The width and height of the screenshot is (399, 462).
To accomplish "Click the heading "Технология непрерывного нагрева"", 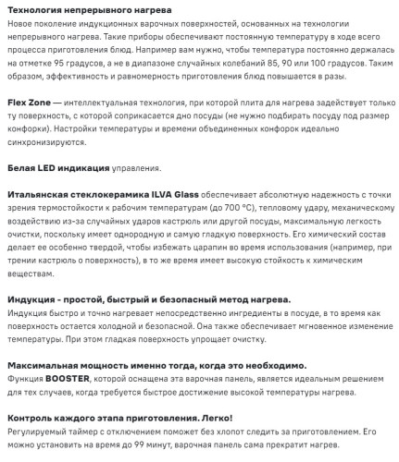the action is pos(73,7).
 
